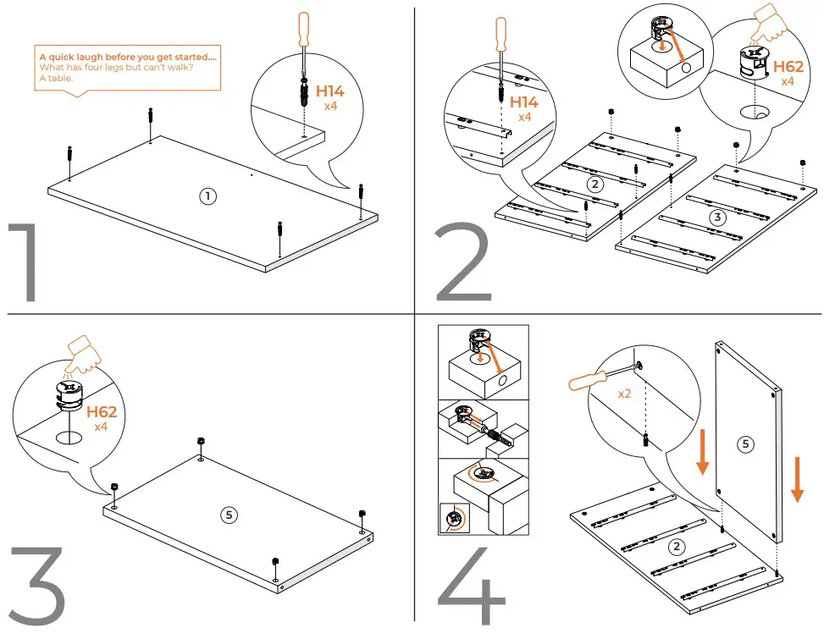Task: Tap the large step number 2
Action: tap(462, 262)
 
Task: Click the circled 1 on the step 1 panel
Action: tap(207, 196)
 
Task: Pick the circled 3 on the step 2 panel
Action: tap(717, 217)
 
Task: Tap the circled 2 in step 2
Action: tap(594, 184)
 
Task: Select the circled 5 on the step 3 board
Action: tap(228, 514)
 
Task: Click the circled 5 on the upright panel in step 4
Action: tap(746, 443)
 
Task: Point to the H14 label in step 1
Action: tap(331, 91)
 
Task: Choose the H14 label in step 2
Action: tap(524, 102)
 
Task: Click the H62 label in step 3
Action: tap(102, 412)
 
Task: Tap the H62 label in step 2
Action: tap(787, 66)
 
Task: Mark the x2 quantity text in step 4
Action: tap(625, 394)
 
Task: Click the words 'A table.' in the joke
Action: tap(56, 77)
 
